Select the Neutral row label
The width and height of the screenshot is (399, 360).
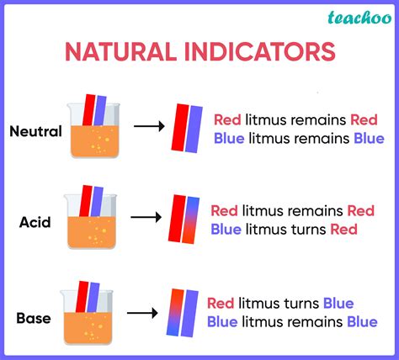(35, 130)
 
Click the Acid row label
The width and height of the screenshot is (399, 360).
(36, 223)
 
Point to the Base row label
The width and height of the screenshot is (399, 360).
(35, 318)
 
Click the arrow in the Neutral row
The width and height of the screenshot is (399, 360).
(149, 127)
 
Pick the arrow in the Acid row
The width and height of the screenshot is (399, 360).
(146, 217)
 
